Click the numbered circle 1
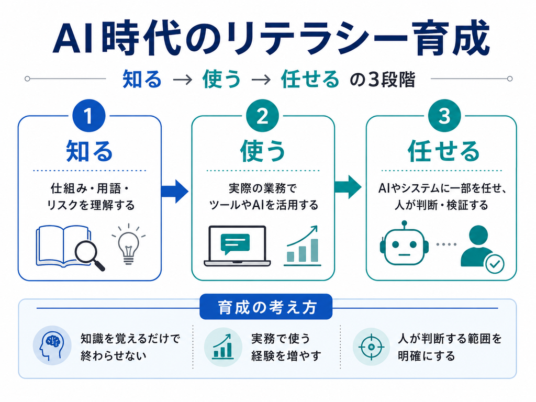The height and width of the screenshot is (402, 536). point(88,116)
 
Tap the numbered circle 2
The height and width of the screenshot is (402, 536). point(263,116)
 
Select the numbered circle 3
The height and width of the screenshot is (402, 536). point(444,116)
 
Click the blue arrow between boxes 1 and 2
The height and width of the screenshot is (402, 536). point(174,191)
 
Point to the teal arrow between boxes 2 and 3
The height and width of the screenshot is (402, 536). point(348,187)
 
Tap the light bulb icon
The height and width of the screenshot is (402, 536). point(129,244)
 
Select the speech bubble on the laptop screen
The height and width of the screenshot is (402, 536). point(235,244)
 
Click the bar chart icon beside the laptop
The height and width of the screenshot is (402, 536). point(302,246)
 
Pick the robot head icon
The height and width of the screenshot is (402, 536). point(404,243)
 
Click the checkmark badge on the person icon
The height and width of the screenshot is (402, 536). point(495,264)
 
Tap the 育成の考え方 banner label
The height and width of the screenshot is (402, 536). point(266,307)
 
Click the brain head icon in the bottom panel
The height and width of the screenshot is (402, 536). point(51,346)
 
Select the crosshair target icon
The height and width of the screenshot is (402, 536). point(371,347)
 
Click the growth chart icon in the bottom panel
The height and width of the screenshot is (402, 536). point(223,347)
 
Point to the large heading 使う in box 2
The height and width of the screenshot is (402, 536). point(263,151)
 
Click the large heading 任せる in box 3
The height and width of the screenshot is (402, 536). point(444,151)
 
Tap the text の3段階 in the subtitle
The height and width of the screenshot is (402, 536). point(383,80)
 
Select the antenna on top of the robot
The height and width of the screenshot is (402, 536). point(405,225)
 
